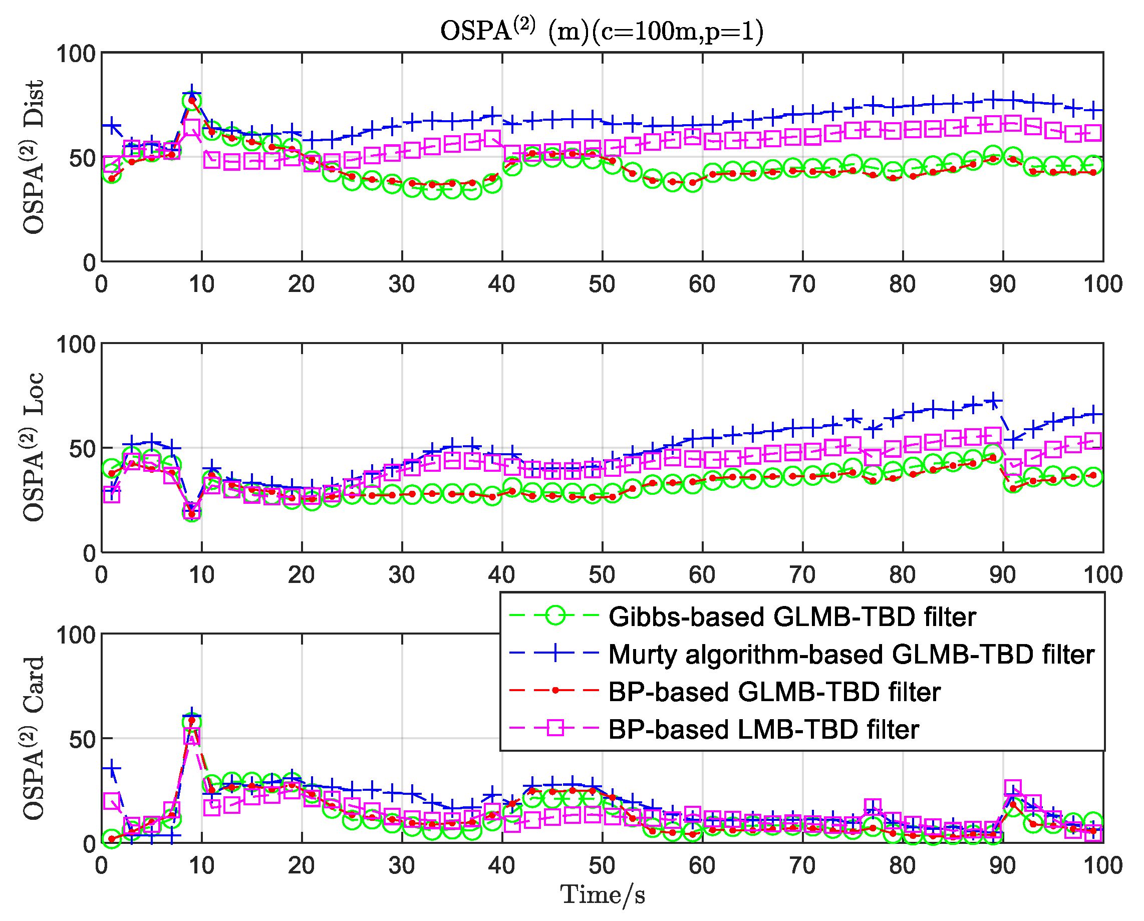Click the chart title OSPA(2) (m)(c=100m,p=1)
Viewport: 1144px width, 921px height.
click(x=602, y=31)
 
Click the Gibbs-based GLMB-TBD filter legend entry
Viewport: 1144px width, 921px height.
click(x=792, y=617)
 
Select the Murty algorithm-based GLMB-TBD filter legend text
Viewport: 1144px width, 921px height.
click(x=851, y=655)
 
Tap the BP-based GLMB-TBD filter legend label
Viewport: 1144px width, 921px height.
click(x=774, y=692)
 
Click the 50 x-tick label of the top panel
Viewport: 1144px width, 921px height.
click(x=602, y=285)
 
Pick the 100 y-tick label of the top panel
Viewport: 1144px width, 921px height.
click(x=75, y=54)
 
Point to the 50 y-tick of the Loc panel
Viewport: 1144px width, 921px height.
click(x=82, y=449)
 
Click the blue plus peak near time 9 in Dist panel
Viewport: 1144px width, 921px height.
click(x=192, y=93)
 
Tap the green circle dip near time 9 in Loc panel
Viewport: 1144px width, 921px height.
click(x=192, y=512)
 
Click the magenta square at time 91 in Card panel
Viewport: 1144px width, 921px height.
click(x=1013, y=788)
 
